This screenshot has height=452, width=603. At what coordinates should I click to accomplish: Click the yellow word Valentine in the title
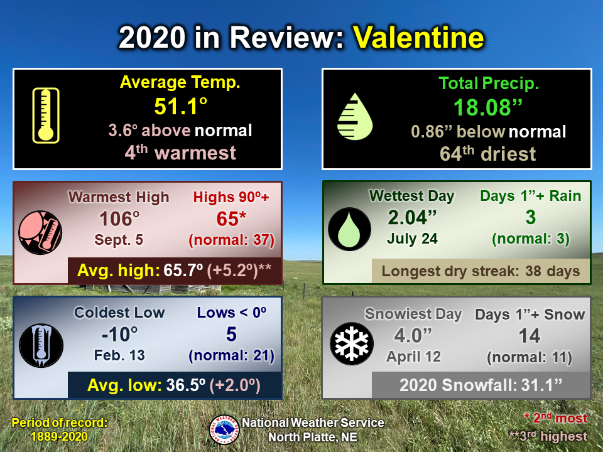click(x=418, y=37)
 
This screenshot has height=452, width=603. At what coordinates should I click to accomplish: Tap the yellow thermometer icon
click(x=46, y=116)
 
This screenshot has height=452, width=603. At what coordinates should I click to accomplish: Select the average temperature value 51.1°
click(x=181, y=106)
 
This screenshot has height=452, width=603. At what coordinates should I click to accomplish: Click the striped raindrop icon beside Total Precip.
click(x=354, y=117)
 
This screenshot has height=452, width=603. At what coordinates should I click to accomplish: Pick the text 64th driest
click(x=487, y=154)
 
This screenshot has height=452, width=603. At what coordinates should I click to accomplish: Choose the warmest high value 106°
click(x=119, y=218)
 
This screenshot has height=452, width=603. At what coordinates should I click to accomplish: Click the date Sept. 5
click(x=119, y=240)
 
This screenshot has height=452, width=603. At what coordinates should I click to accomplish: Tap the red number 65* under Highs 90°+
click(x=231, y=219)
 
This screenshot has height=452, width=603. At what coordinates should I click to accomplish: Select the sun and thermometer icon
click(x=40, y=232)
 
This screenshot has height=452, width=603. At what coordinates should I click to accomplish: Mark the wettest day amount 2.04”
click(x=412, y=218)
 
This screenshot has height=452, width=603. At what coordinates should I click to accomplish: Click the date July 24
click(x=412, y=239)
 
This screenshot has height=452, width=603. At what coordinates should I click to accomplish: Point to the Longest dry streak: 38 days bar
click(x=481, y=271)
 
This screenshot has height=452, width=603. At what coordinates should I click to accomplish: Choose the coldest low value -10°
click(x=119, y=334)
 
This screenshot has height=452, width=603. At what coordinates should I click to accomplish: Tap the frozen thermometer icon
click(x=41, y=345)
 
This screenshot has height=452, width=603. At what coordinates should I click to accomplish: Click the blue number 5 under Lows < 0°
click(x=231, y=335)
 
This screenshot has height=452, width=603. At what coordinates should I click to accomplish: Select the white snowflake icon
click(x=352, y=343)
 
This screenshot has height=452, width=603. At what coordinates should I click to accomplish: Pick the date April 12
click(x=413, y=357)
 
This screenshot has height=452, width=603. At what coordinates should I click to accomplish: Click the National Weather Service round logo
click(x=224, y=429)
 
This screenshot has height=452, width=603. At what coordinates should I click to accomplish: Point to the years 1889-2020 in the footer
click(x=59, y=437)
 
